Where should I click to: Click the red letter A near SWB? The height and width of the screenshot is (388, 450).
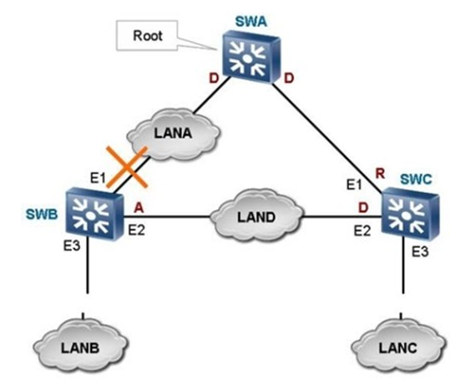coord(139,209)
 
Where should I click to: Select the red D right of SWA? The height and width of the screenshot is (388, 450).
coord(289,79)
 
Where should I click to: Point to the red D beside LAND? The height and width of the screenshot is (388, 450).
coord(363,208)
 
